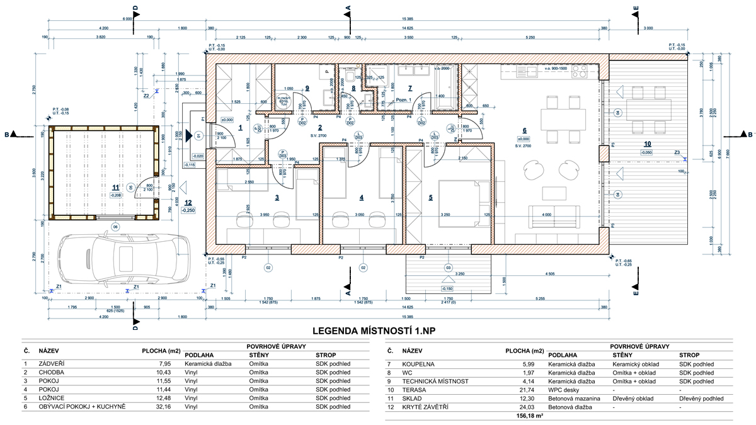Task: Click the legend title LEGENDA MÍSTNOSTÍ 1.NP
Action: click(377, 331)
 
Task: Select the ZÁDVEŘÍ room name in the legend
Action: click(52, 363)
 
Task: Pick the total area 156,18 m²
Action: click(529, 416)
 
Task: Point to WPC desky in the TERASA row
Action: click(564, 390)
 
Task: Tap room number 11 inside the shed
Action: click(115, 187)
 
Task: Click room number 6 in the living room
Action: click(524, 130)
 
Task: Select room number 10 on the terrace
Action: click(647, 144)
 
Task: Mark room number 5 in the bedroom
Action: click(431, 197)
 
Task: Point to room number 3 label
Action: click(277, 197)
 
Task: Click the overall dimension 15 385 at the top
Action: click(413, 19)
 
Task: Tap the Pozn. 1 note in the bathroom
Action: click(403, 100)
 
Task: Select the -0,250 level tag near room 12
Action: click(188, 211)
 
